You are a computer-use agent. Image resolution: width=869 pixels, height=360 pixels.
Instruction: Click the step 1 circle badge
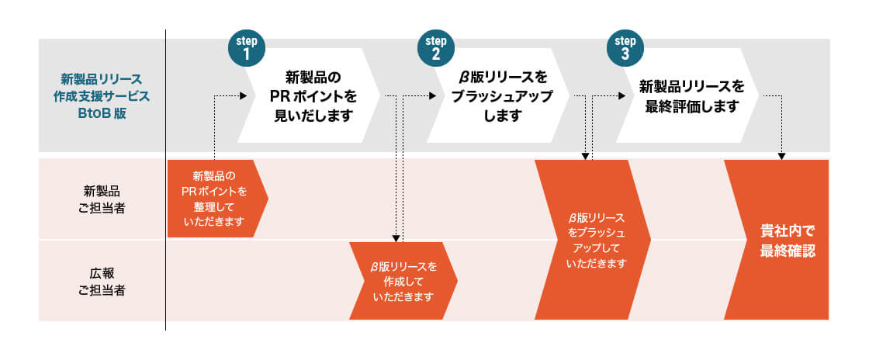click(x=246, y=48)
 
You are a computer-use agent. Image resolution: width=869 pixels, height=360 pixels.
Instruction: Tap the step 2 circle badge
click(x=435, y=48)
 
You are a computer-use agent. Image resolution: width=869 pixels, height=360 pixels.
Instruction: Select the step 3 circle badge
click(x=625, y=48)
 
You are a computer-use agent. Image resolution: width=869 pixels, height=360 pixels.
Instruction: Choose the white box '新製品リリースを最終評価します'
click(x=691, y=96)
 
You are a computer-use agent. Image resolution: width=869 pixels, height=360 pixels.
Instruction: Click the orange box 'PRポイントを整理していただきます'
click(x=214, y=199)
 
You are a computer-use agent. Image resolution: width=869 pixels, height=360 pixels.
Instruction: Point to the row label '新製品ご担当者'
click(x=102, y=199)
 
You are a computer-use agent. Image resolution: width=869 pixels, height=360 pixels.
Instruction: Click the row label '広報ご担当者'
click(x=102, y=281)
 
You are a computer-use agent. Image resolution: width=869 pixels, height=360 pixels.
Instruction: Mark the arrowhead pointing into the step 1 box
click(x=242, y=96)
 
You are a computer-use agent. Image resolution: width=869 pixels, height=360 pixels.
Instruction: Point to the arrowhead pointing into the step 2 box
click(x=432, y=96)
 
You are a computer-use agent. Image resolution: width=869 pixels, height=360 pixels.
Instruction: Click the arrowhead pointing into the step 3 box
click(x=621, y=96)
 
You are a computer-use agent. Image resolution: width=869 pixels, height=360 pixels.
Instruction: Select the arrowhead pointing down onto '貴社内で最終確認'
click(x=781, y=156)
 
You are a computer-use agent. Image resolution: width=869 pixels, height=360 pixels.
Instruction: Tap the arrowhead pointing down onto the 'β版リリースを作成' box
click(x=396, y=238)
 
